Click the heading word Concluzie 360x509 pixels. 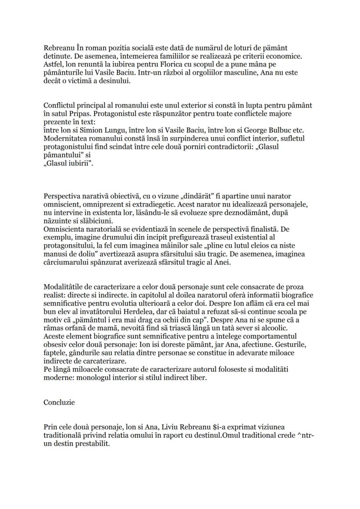coord(59,402)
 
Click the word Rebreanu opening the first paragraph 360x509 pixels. coord(59,48)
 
